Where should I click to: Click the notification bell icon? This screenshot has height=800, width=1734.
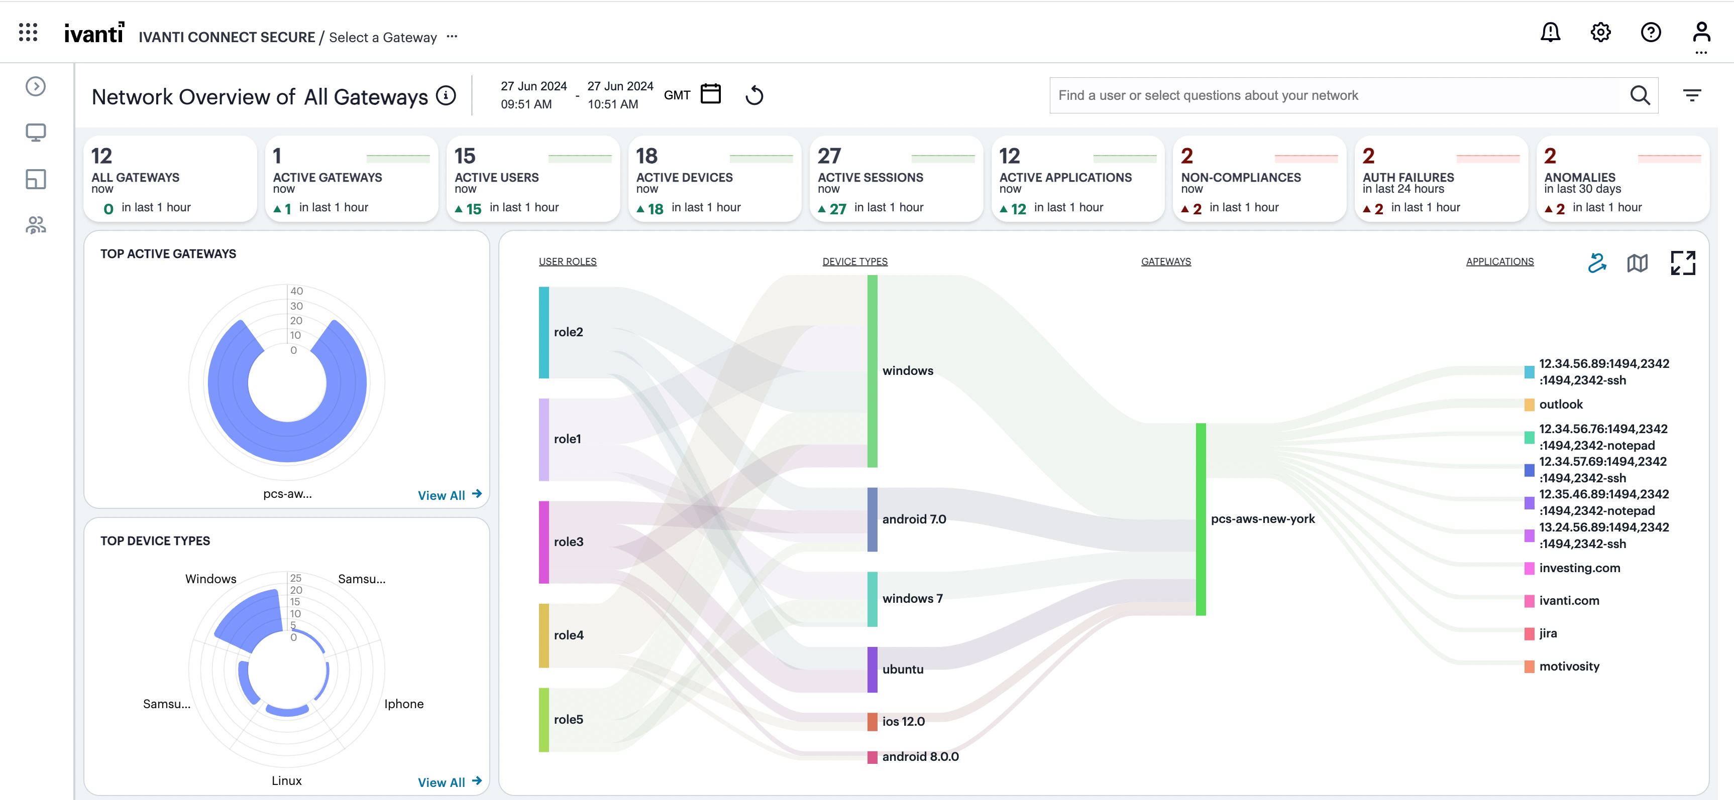tap(1550, 32)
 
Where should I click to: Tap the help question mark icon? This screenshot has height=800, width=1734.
tap(1651, 32)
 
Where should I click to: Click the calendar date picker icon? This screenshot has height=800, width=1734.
tap(710, 94)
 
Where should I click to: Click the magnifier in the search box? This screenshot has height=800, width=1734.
tap(1640, 95)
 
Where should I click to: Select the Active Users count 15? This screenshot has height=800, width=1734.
tap(465, 156)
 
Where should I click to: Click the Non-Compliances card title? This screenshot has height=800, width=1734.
tap(1241, 178)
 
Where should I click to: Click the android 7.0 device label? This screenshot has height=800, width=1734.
tap(913, 519)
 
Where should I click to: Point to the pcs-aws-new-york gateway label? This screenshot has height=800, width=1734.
tap(1262, 519)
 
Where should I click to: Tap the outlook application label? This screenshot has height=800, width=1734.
tap(1560, 405)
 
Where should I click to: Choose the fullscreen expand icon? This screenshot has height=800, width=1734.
tap(1683, 263)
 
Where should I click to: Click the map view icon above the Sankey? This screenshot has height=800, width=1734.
tap(1637, 263)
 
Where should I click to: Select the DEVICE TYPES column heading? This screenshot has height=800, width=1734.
tap(854, 262)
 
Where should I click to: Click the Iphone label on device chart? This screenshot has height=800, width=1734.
tap(403, 704)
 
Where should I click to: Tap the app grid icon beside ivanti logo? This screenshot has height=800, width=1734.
tap(28, 32)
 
